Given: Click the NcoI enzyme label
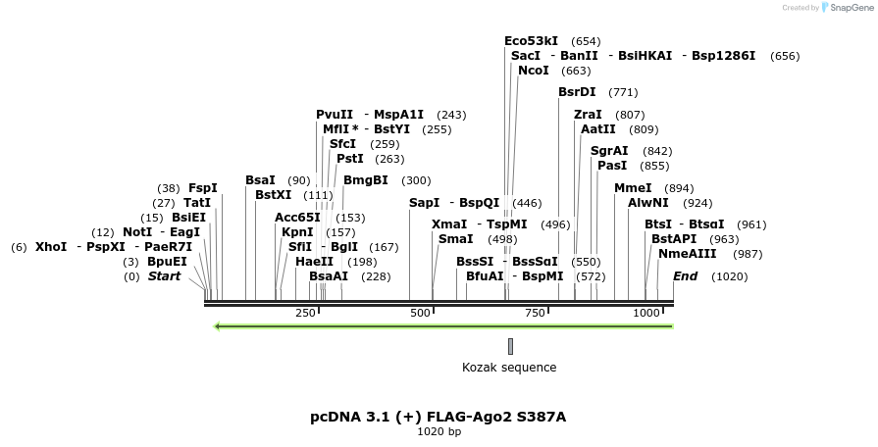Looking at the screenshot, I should click(x=534, y=71).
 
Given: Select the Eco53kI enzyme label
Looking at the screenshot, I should click(x=531, y=41).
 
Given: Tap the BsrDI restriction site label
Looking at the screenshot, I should click(x=577, y=92).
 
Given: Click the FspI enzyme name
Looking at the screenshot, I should click(x=203, y=188).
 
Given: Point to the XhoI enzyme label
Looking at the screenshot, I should click(x=51, y=247).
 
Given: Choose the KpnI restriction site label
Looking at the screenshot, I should click(x=297, y=232).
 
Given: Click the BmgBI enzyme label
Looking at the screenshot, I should click(x=366, y=180).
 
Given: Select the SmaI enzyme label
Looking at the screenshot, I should click(x=455, y=239).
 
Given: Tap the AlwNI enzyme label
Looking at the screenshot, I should click(x=648, y=203).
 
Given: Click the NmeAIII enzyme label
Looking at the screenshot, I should click(x=688, y=254).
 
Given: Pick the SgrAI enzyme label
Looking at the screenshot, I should click(x=609, y=151).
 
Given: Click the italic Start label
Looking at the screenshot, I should click(x=165, y=276).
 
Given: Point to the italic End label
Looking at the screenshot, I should click(x=685, y=276).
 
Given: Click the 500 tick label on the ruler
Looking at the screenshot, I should click(x=421, y=313).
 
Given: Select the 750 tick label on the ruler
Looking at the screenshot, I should click(x=536, y=313).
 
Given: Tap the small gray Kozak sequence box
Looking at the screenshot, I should click(x=510, y=346).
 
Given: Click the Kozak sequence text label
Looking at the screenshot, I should click(x=509, y=368).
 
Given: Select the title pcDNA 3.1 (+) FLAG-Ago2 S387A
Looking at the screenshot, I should click(x=439, y=417).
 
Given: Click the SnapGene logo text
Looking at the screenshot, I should click(x=849, y=8).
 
